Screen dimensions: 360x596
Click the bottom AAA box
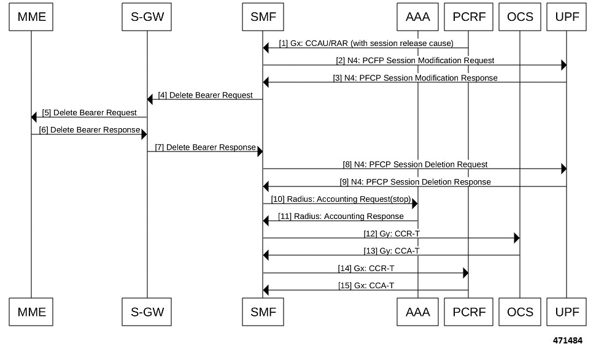tap(417, 312)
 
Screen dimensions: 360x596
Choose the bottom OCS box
tap(519, 312)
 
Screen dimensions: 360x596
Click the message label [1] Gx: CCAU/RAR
tap(366, 44)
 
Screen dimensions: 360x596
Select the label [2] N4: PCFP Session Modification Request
tap(415, 61)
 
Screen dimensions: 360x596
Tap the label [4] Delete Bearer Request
tap(205, 95)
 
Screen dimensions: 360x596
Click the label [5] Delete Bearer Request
tap(90, 113)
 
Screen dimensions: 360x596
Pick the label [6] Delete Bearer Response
tap(90, 130)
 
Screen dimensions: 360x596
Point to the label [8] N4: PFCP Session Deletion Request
tap(415, 164)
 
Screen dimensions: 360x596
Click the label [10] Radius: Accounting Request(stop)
tap(341, 199)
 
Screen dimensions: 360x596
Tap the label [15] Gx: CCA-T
tap(366, 286)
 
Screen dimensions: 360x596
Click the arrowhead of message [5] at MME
tap(34, 117)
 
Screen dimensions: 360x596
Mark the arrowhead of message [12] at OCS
tap(516, 238)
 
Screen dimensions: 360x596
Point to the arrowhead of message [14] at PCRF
tap(465, 273)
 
